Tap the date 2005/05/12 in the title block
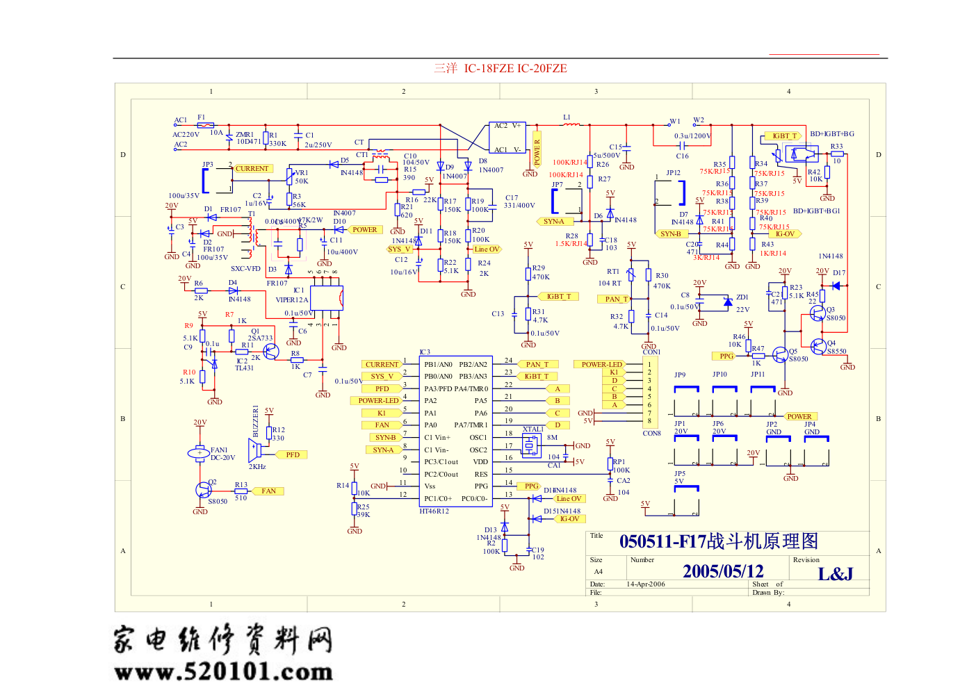click(x=723, y=571)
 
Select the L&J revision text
click(x=835, y=574)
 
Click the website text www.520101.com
click(x=223, y=671)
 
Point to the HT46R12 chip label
click(x=434, y=511)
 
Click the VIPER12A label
click(x=292, y=300)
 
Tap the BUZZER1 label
click(x=256, y=421)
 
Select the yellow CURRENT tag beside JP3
click(x=252, y=169)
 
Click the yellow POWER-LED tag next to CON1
click(x=602, y=364)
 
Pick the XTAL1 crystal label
click(x=533, y=429)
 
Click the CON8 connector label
click(x=651, y=434)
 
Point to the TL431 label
click(x=245, y=368)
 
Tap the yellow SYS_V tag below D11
click(x=400, y=249)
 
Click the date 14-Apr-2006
click(x=646, y=584)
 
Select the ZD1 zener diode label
click(x=742, y=297)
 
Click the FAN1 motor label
click(x=219, y=450)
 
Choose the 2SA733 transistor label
click(x=261, y=338)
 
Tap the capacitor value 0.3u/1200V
click(x=692, y=136)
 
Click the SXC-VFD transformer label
click(x=245, y=269)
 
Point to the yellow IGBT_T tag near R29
click(x=558, y=297)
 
